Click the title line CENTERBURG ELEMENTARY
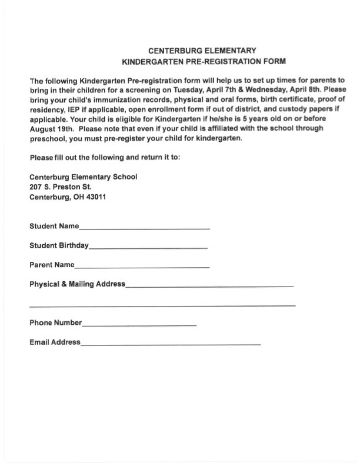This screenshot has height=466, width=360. [x=202, y=51]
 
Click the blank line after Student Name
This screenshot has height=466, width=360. [x=144, y=227]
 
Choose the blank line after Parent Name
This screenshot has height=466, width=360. [x=142, y=267]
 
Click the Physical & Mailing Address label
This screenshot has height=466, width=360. [x=77, y=284]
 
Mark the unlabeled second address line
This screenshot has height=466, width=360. [x=162, y=305]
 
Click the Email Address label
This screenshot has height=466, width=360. [x=55, y=342]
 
